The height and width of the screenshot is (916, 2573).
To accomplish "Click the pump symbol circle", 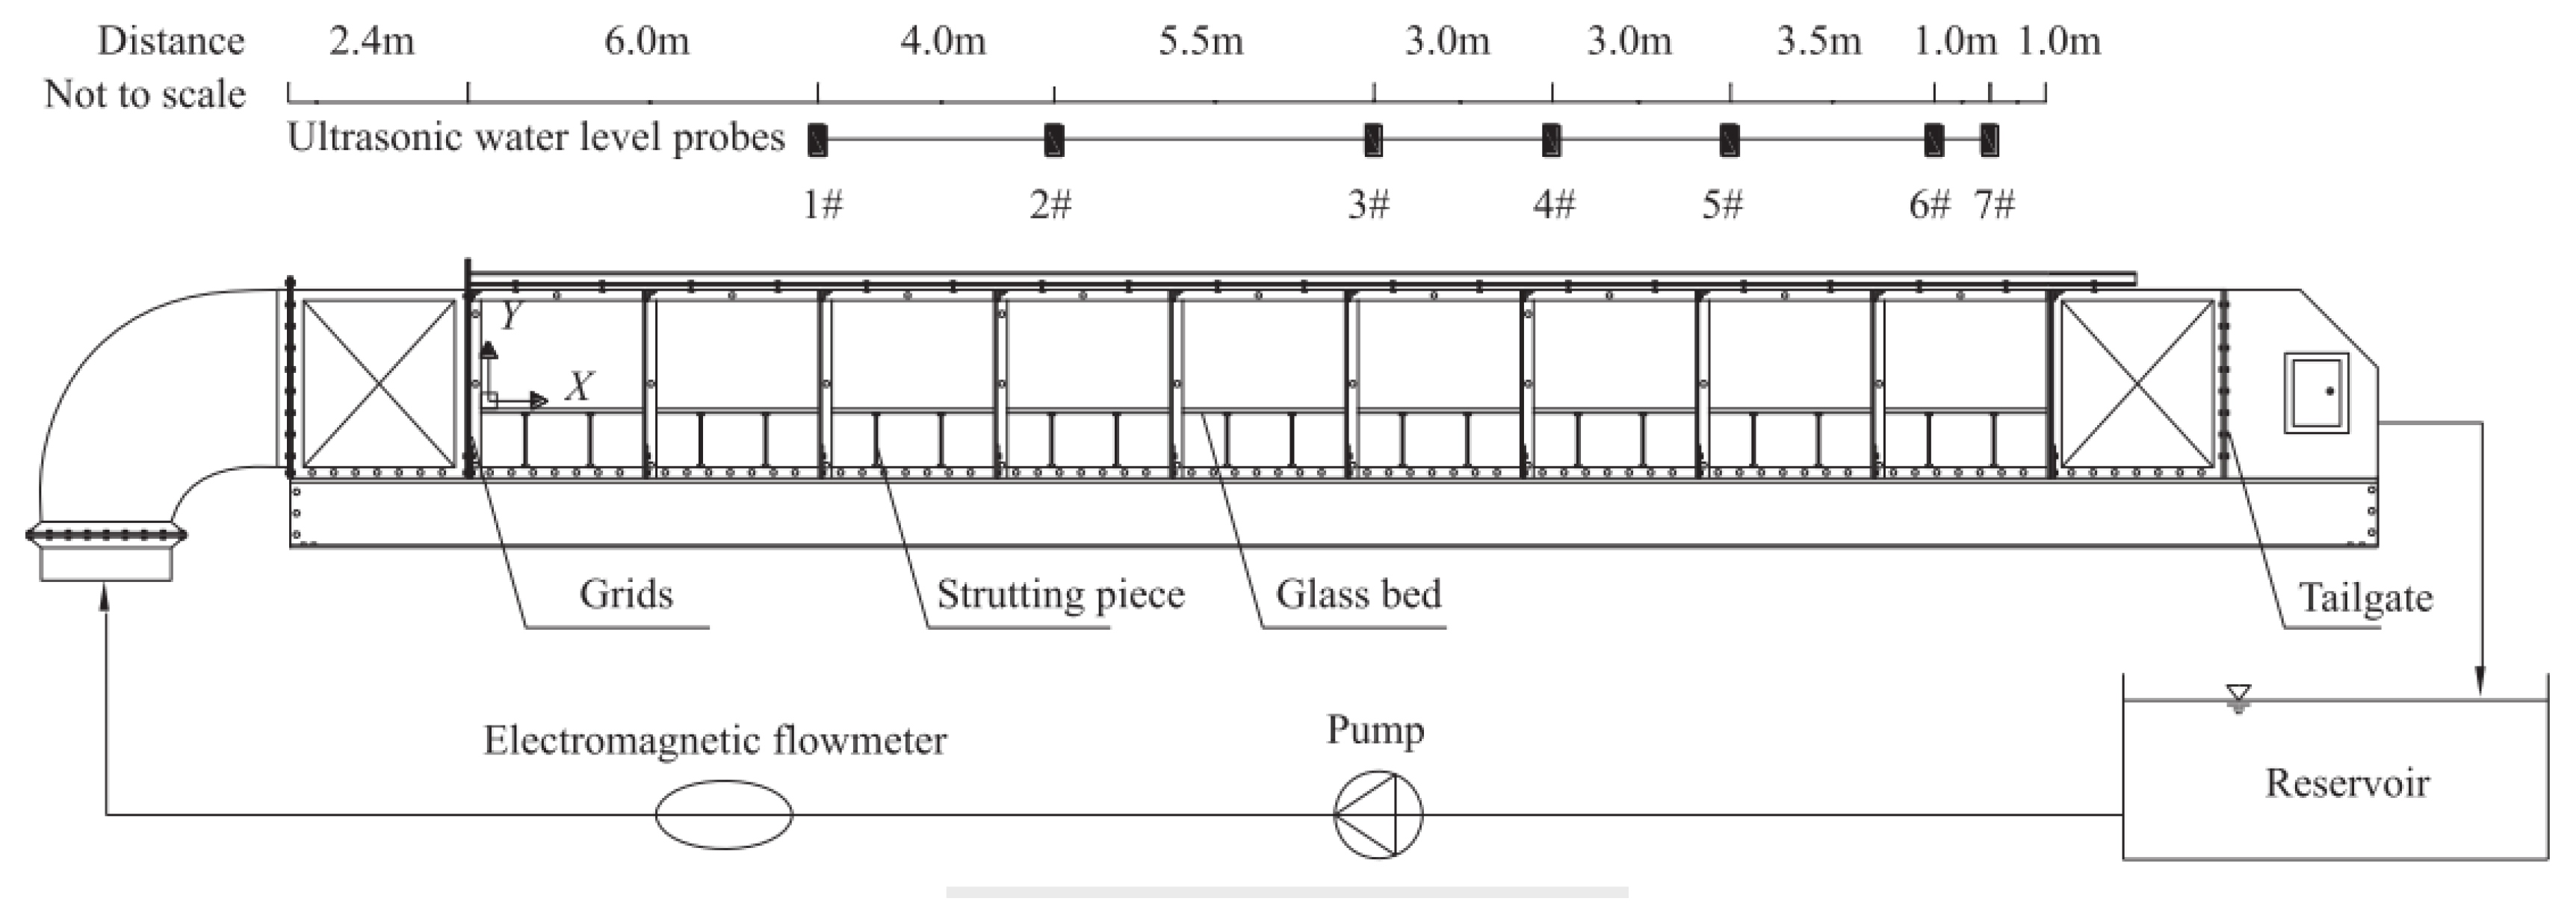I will (1378, 814).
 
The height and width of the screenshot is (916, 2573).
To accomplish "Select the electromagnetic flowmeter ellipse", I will (724, 814).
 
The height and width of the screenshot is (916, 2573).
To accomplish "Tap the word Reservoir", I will (2347, 782).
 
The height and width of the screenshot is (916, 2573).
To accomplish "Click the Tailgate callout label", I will (2365, 598).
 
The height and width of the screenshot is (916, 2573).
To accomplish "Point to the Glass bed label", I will (1358, 594).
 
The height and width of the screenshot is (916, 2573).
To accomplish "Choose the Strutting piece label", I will (1060, 594).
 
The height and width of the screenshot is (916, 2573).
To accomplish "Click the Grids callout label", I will (626, 594).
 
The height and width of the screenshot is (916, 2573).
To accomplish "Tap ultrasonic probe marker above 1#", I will (818, 140).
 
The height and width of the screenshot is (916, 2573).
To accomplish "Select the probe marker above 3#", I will (1373, 140).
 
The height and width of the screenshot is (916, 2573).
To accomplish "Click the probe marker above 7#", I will (1990, 140).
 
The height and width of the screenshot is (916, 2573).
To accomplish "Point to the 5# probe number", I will (1723, 205).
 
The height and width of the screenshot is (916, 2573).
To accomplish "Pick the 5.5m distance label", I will (1201, 41).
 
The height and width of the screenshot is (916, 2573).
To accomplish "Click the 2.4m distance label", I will (371, 41).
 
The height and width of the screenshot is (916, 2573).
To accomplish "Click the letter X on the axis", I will (579, 386).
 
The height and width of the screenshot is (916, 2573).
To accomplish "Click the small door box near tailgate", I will (2316, 392).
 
